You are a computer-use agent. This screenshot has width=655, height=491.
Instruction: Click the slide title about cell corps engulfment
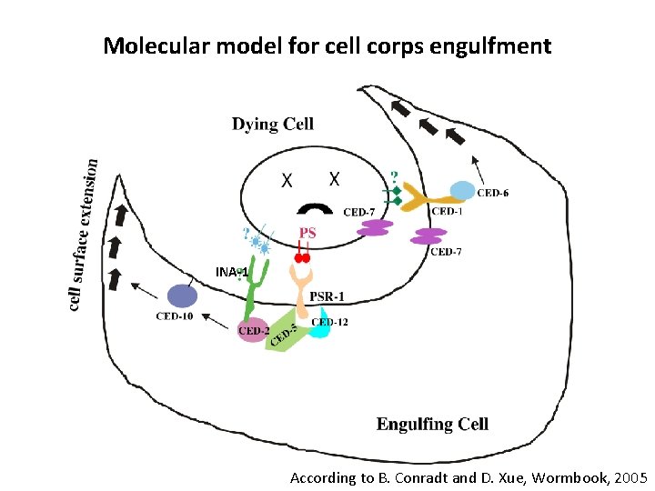click(327, 45)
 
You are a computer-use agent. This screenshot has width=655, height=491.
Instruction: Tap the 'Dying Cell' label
click(272, 124)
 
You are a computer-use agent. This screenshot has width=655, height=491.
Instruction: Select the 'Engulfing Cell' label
click(432, 424)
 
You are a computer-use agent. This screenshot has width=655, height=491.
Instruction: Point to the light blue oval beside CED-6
click(462, 190)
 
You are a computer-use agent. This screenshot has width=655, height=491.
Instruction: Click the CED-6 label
click(492, 193)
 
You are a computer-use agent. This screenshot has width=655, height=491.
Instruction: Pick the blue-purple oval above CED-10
click(181, 296)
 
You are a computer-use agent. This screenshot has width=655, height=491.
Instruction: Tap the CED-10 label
click(174, 316)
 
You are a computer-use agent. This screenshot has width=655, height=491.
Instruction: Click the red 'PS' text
click(307, 234)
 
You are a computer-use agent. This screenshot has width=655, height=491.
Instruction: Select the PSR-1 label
click(327, 296)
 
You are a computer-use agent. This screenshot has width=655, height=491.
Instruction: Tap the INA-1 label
click(232, 272)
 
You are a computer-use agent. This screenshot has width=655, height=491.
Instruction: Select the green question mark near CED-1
click(393, 175)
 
